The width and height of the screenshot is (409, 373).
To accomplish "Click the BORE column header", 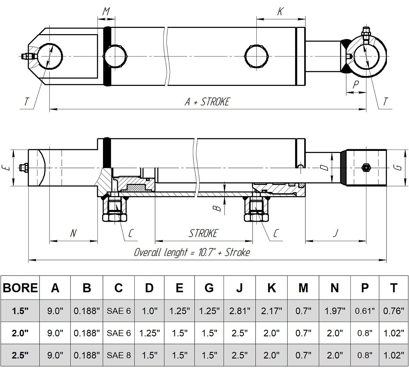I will (x=20, y=288).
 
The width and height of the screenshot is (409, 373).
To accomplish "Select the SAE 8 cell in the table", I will (x=119, y=355).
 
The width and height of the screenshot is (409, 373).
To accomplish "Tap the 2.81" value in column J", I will (x=240, y=311).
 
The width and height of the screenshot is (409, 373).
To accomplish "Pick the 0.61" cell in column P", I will (x=365, y=311).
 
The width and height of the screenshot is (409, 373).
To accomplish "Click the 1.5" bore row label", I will (x=20, y=311).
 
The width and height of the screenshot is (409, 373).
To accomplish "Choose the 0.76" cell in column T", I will (x=393, y=311).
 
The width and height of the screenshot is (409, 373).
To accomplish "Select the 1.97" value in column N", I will (x=334, y=311).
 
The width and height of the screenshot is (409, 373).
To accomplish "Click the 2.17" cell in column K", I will (x=271, y=311).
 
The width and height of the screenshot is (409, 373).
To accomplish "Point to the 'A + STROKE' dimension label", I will (x=207, y=102).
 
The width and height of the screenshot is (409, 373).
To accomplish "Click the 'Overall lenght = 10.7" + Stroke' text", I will (x=192, y=252).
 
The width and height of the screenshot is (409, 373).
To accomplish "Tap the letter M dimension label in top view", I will (x=106, y=12).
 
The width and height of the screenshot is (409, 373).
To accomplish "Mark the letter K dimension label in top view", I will (x=280, y=12).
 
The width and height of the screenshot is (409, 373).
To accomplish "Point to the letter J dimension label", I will (x=335, y=233).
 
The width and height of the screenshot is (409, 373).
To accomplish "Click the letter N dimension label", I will (x=73, y=233).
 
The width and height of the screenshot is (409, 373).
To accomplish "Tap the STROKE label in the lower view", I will (x=203, y=233).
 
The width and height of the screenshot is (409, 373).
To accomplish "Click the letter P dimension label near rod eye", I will (x=355, y=84).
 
